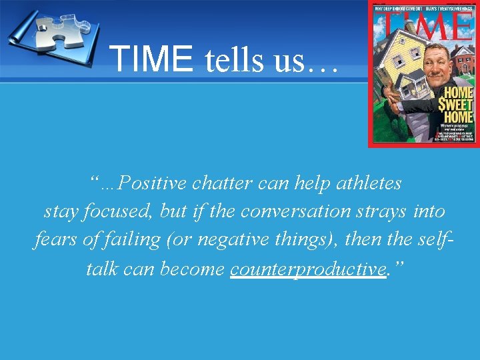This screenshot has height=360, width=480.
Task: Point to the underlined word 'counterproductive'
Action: pyautogui.click(x=308, y=269)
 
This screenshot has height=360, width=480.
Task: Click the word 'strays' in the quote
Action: pyautogui.click(x=382, y=211)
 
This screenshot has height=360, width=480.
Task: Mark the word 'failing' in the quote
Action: pyautogui.click(x=130, y=240)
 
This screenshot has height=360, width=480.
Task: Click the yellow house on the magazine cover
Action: pyautogui.click(x=400, y=67)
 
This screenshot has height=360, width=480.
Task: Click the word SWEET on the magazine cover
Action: pyautogui.click(x=456, y=105)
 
